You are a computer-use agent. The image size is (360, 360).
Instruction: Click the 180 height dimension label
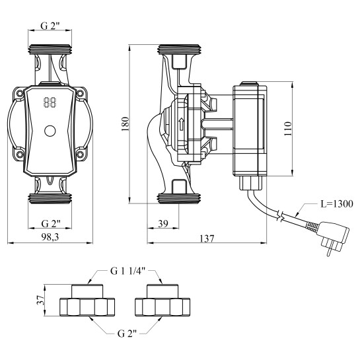pos(126,124)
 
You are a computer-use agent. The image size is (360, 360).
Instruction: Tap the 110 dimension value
pos(288,129)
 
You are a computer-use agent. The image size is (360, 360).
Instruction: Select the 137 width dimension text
pos(207,238)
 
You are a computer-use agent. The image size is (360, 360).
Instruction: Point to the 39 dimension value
pos(163,223)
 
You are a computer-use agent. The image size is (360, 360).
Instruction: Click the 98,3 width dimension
pos(50,237)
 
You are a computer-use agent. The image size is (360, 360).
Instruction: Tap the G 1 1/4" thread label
pos(127,271)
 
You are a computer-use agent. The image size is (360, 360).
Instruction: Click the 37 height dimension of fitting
pos(40,300)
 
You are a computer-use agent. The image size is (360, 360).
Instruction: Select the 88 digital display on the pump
pos(50,102)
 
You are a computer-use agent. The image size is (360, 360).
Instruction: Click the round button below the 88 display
pos(50,131)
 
